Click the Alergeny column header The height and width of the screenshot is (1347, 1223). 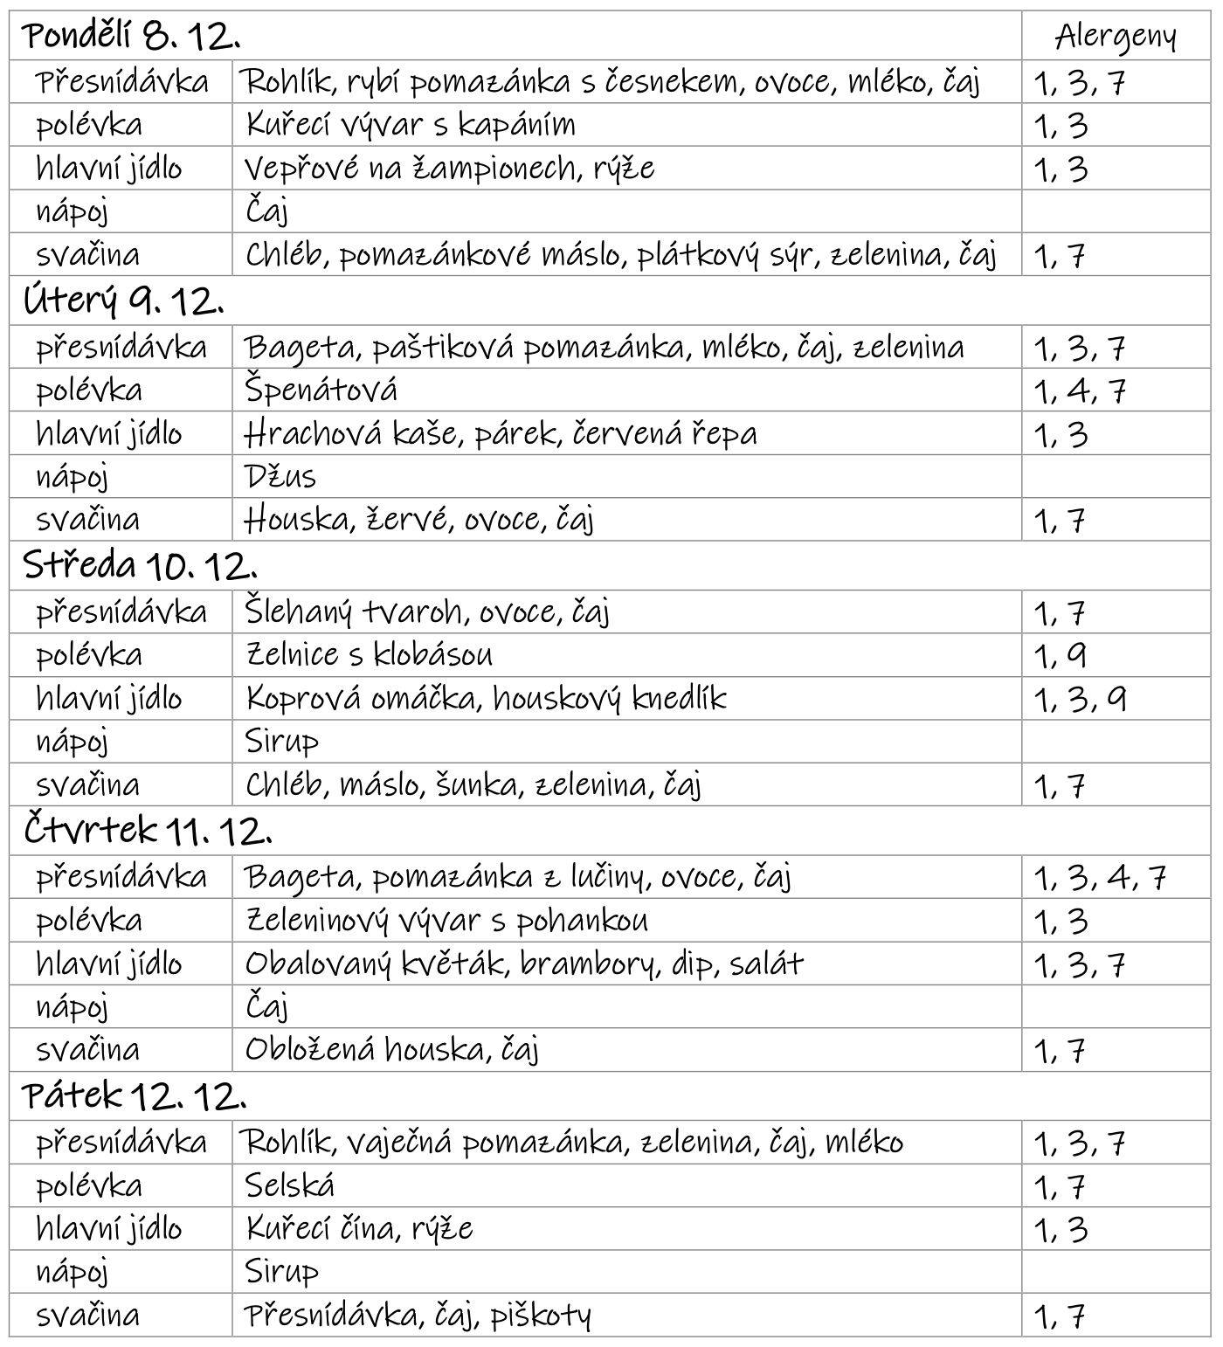point(1115,38)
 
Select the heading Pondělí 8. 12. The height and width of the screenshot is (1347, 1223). point(132,37)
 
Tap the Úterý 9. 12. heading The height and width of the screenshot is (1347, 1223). point(123,302)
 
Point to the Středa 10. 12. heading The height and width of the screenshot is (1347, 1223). point(140,567)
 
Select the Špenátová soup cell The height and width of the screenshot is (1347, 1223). point(321,390)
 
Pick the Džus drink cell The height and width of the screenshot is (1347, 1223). point(280,477)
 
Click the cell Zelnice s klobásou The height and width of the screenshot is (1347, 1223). point(369,655)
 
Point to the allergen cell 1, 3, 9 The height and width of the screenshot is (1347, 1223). point(1080,699)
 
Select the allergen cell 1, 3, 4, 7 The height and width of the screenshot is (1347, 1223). point(1100,877)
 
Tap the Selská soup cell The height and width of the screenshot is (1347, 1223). point(289,1185)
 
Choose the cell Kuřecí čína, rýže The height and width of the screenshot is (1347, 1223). point(359,1229)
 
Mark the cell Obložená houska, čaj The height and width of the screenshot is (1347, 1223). point(391,1050)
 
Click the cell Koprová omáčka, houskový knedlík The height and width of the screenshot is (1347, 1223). point(486,699)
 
